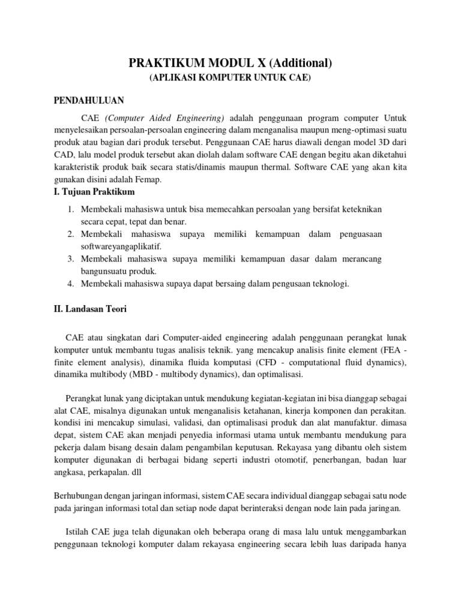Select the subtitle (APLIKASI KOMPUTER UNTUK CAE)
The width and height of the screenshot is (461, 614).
(230, 79)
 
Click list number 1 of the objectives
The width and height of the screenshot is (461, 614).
(70, 209)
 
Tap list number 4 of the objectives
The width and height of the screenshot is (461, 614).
(70, 284)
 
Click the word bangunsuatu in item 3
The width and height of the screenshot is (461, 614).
(106, 271)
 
